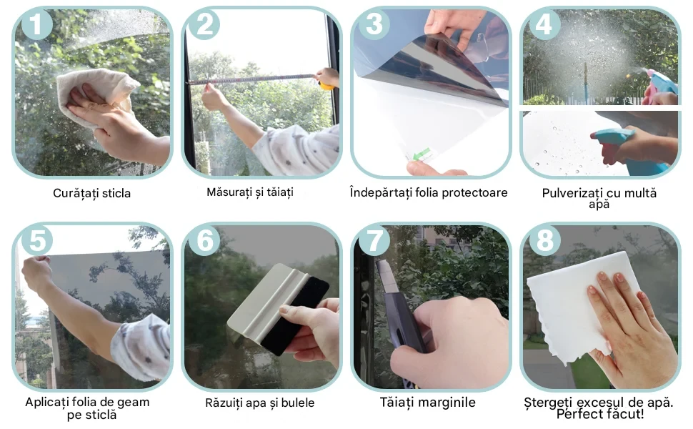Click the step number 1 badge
pyautogui.click(x=36, y=24)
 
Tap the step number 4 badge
pyautogui.click(x=544, y=24)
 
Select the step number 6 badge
pyautogui.click(x=204, y=240)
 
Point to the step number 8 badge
pyautogui.click(x=544, y=240)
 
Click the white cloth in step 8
pyautogui.click(x=579, y=305)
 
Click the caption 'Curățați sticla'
pyautogui.click(x=92, y=193)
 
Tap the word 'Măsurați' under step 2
pyautogui.click(x=228, y=192)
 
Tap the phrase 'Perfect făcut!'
pyautogui.click(x=599, y=414)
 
